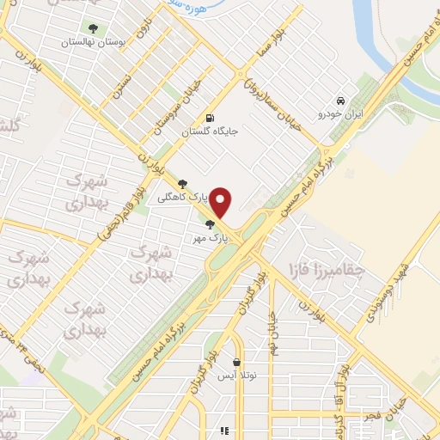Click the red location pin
(222, 202)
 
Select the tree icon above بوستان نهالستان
(94, 28)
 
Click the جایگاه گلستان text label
(209, 132)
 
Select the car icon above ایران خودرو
(341, 100)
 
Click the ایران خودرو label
(341, 113)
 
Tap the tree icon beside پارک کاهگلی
(182, 182)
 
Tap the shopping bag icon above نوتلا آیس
(236, 362)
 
